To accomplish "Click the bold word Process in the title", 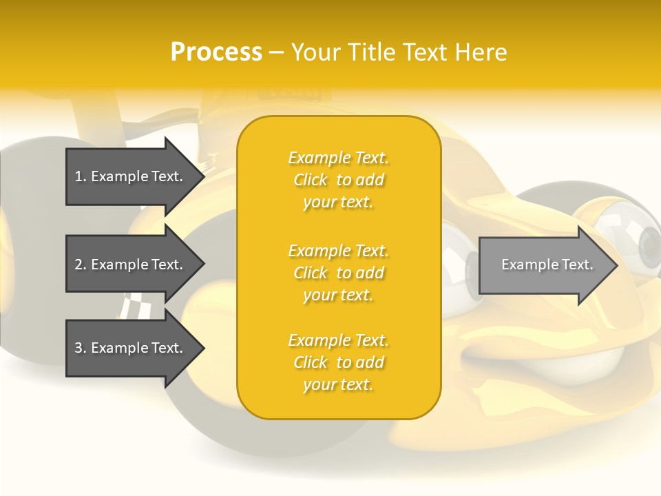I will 216,52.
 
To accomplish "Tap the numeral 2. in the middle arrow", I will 81,265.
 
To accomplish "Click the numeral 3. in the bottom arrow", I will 81,348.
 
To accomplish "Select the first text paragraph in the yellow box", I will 338,180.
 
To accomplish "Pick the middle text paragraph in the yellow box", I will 338,273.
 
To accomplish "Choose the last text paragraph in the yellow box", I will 338,362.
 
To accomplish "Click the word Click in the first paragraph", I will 311,180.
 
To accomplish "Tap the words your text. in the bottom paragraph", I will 338,384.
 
